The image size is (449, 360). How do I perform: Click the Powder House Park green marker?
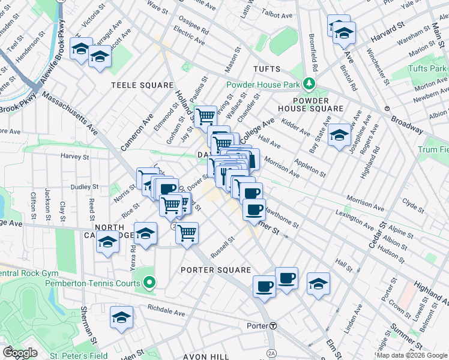(x=309, y=83)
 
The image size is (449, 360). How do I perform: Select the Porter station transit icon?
(x=273, y=326)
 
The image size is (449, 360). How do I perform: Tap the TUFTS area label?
(x=267, y=69)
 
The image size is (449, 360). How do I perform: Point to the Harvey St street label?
(x=75, y=156)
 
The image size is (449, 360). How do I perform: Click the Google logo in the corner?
(x=20, y=352)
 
